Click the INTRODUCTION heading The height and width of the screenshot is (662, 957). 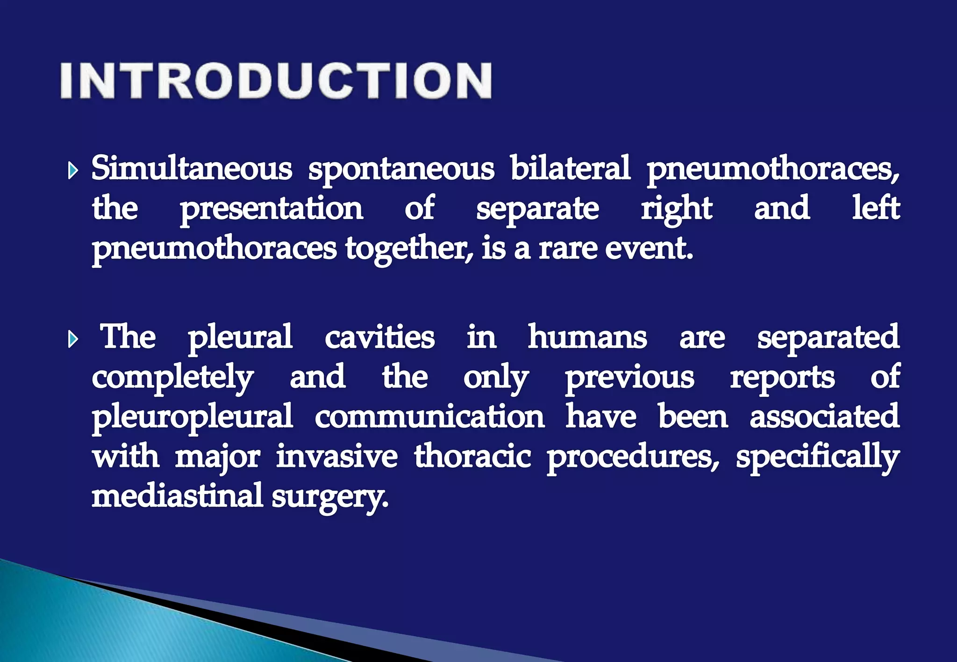pyautogui.click(x=276, y=80)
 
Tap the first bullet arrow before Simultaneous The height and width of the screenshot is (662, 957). pyautogui.click(x=73, y=170)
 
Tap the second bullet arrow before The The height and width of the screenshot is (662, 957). pyautogui.click(x=73, y=339)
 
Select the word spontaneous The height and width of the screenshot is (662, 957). pyautogui.click(x=401, y=169)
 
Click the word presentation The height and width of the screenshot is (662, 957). pyautogui.click(x=271, y=209)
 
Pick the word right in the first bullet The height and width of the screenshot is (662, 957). pyautogui.click(x=676, y=209)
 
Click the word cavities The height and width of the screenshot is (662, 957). pyautogui.click(x=379, y=337)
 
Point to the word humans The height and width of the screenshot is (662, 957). pyautogui.click(x=587, y=337)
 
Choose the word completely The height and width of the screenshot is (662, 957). pyautogui.click(x=172, y=378)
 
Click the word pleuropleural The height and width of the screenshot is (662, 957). pyautogui.click(x=192, y=417)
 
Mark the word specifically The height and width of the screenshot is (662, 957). pyautogui.click(x=817, y=457)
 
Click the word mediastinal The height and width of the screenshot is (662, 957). pyautogui.click(x=177, y=496)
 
